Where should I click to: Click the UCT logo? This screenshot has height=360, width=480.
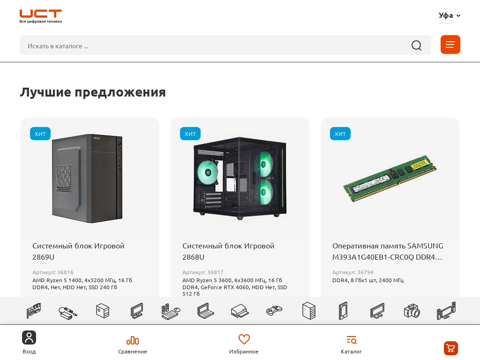click(40, 16)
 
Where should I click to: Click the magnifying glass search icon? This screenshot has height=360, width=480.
click(416, 45)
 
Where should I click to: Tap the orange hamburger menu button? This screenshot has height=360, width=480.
click(450, 45)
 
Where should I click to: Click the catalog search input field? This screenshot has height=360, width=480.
click(214, 45)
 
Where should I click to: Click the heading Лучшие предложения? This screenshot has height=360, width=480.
click(93, 92)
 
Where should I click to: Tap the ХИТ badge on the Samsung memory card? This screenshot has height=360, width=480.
click(340, 134)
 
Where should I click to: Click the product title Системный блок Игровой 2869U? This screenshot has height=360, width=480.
click(78, 251)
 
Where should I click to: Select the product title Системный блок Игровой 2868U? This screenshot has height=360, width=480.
click(228, 251)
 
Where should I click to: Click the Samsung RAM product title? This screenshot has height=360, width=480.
click(388, 251)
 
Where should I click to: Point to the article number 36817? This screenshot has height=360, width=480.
click(202, 272)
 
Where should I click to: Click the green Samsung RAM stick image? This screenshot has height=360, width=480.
click(390, 179)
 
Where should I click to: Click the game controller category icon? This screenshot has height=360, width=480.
click(274, 311)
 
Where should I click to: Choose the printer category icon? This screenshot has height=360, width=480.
click(240, 311)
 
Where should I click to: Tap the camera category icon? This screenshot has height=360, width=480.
click(412, 311)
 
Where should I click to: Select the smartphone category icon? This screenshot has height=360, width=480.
click(343, 311)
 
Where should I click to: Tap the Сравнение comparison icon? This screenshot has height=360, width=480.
click(133, 340)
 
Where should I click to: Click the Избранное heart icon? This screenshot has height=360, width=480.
click(244, 339)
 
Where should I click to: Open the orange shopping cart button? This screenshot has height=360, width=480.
click(451, 348)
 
